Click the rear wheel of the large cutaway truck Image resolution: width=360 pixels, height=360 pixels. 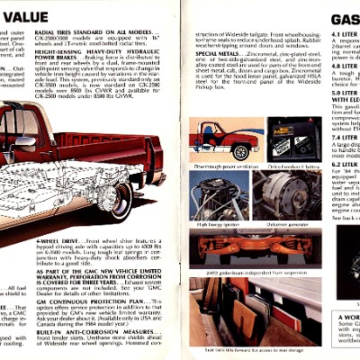(116, 202)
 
